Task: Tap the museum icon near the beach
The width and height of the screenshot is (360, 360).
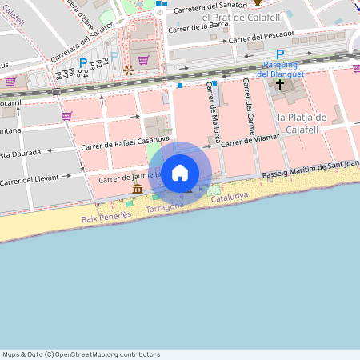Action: (138, 188)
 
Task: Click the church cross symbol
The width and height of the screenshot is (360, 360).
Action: (280, 84)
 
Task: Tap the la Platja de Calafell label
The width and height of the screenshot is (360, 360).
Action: (302, 123)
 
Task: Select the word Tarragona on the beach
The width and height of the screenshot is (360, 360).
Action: (166, 206)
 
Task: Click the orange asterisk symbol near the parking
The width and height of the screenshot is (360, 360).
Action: (127, 70)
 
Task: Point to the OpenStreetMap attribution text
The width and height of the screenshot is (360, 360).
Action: (81, 354)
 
